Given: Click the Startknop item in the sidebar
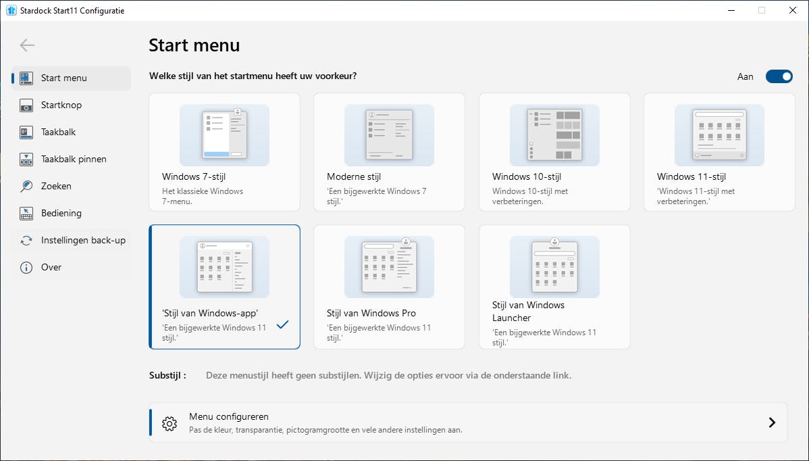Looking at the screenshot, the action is coord(61,105).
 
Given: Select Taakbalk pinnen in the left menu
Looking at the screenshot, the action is coord(73,159).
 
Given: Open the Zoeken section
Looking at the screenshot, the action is coord(56,186).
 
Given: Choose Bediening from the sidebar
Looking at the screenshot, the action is coord(61,213).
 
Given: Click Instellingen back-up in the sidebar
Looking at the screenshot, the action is coord(82,240).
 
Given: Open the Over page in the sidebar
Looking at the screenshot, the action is coord(51,267).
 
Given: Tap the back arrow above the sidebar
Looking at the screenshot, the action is coord(27,45).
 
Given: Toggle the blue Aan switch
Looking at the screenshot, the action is coord(779,76).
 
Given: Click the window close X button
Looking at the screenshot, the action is coord(793,10).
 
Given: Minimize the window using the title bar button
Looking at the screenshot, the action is coord(731,10).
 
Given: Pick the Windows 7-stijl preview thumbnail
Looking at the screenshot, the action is coord(224,135).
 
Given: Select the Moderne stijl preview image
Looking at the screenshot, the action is coord(389,135).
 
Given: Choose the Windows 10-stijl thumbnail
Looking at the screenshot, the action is coord(554,135).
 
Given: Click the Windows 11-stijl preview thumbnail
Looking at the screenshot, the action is coord(719,135).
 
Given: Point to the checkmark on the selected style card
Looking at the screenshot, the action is coord(282,324).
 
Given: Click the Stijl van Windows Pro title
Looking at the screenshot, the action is coord(371,313).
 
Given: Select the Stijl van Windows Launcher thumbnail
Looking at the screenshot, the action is coord(554,267).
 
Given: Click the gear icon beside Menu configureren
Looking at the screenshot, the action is coord(169,424).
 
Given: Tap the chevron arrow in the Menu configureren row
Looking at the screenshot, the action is coord(772,422).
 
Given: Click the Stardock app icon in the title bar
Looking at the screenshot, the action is coord(11,10).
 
